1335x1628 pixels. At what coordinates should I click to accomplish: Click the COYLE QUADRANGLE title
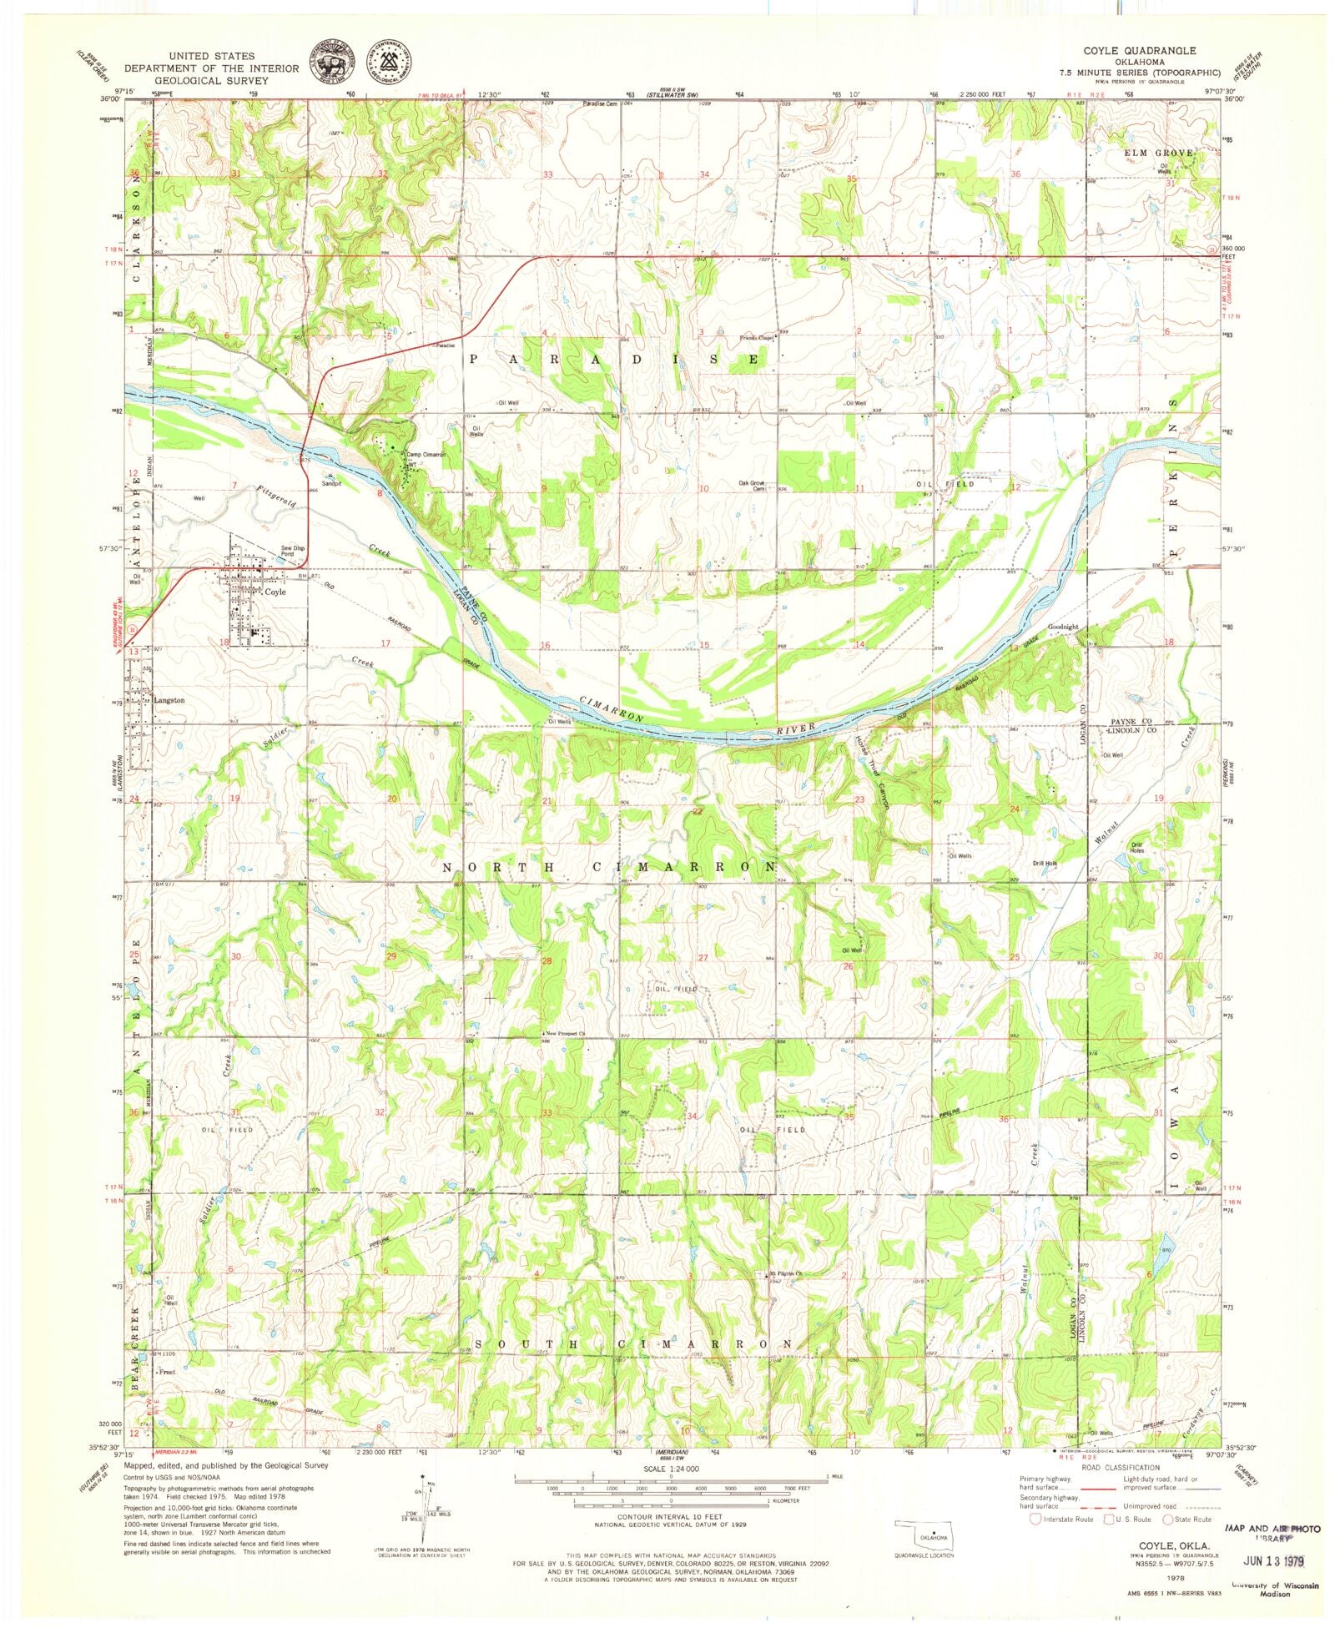[x=1139, y=51]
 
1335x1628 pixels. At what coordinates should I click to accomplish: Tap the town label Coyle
[x=275, y=592]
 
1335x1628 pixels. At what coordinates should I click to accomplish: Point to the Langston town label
[x=169, y=700]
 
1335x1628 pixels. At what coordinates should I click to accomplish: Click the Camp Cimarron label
[x=426, y=455]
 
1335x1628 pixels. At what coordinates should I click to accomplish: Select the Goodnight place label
[x=1063, y=626]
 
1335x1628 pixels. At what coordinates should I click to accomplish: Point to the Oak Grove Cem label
[x=751, y=486]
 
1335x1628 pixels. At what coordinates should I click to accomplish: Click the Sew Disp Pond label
[x=292, y=551]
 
